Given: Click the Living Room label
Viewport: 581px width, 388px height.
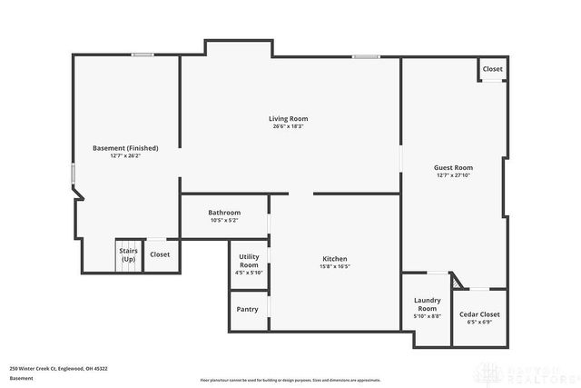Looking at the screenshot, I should click(x=288, y=119).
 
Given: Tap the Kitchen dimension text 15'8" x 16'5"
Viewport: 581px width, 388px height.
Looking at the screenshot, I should click(x=333, y=266).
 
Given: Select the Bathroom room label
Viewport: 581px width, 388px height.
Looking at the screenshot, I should click(x=224, y=213).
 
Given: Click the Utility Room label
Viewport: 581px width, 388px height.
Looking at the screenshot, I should click(x=249, y=260).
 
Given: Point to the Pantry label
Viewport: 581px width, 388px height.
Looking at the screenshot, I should click(x=247, y=309).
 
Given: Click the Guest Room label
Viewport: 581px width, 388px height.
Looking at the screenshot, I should click(x=454, y=167).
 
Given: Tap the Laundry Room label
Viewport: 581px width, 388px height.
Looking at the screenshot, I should click(x=427, y=303).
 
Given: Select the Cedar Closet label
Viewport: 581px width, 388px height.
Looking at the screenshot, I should click(x=479, y=313).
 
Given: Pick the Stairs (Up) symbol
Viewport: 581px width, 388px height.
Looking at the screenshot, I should click(x=128, y=255).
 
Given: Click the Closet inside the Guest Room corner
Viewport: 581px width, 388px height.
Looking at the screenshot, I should click(x=492, y=69).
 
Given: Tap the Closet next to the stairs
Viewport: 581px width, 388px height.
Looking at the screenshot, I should click(x=160, y=254).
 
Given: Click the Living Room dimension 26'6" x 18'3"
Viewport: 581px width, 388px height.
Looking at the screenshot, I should click(x=288, y=127).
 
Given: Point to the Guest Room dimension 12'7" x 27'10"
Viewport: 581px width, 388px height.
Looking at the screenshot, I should click(x=454, y=175).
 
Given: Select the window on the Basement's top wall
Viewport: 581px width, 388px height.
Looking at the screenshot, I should click(x=142, y=55).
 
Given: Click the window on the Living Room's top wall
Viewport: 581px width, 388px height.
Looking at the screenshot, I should click(x=366, y=57).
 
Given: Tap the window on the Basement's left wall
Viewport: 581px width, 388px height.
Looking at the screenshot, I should click(x=74, y=173).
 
